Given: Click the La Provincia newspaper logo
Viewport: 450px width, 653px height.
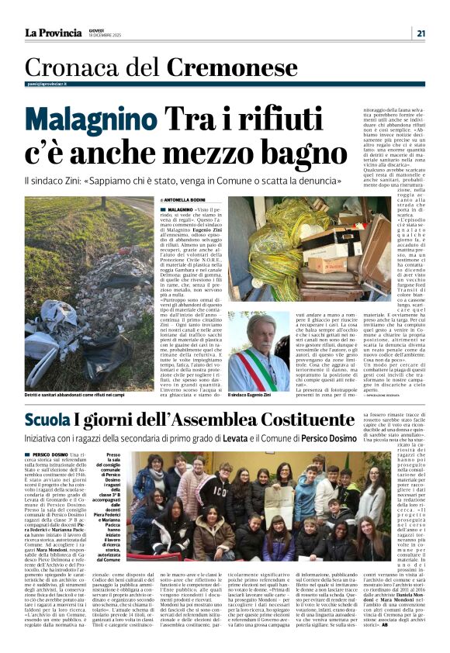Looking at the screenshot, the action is point(53,33).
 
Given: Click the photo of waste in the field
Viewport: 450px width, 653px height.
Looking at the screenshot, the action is point(78,294).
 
